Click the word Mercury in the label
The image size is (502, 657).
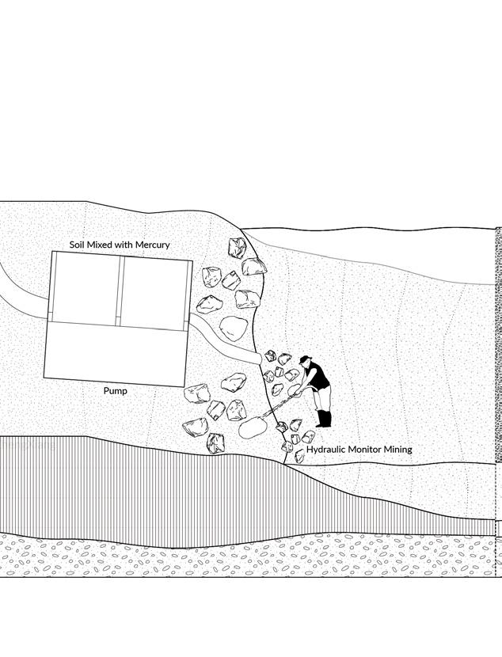[151, 245]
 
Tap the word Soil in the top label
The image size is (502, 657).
[80, 245]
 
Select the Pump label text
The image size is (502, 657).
[116, 391]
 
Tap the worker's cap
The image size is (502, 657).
[305, 360]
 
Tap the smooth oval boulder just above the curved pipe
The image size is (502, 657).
[234, 328]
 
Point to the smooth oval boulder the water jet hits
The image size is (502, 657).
[252, 428]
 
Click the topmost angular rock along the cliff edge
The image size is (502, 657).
[238, 249]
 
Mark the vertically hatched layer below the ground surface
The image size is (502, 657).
[158, 491]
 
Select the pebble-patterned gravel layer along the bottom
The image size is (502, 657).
[238, 558]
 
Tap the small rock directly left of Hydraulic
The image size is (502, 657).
[299, 456]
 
